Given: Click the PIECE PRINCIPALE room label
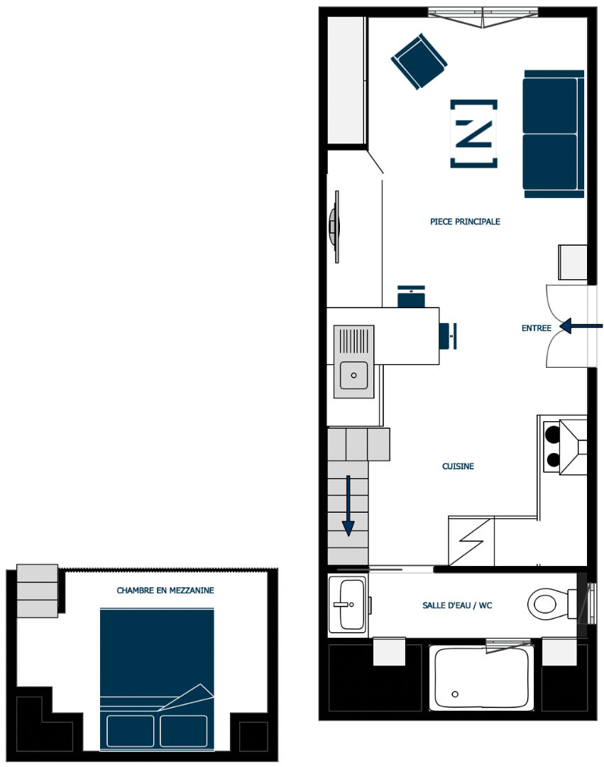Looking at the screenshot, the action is pos(465,222).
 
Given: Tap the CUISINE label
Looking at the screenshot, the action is pos(458,466).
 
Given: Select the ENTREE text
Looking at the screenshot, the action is pos(536,328).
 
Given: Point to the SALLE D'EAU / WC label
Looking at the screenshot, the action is pos(457,605).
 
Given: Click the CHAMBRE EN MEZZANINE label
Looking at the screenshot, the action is pos(165,590).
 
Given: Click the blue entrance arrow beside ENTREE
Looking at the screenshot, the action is pos(581,326).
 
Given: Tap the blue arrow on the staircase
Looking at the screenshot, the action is pos(348,506).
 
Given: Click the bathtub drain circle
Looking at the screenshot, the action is pos(455,694).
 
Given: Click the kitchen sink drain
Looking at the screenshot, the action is pos(353,376).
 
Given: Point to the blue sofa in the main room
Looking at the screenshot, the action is pos(553,134).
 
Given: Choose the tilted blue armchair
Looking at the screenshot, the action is pos(419,62).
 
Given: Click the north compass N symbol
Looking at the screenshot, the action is pos(473,134).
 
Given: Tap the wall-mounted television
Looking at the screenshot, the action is pos(335,227).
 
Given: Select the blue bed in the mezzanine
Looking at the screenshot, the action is pos(157,680).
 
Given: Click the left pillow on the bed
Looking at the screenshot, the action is pos(130,731).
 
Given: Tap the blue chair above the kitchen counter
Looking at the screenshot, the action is pos(411,296).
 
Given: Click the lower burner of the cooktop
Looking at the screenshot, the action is pos(553,459).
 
